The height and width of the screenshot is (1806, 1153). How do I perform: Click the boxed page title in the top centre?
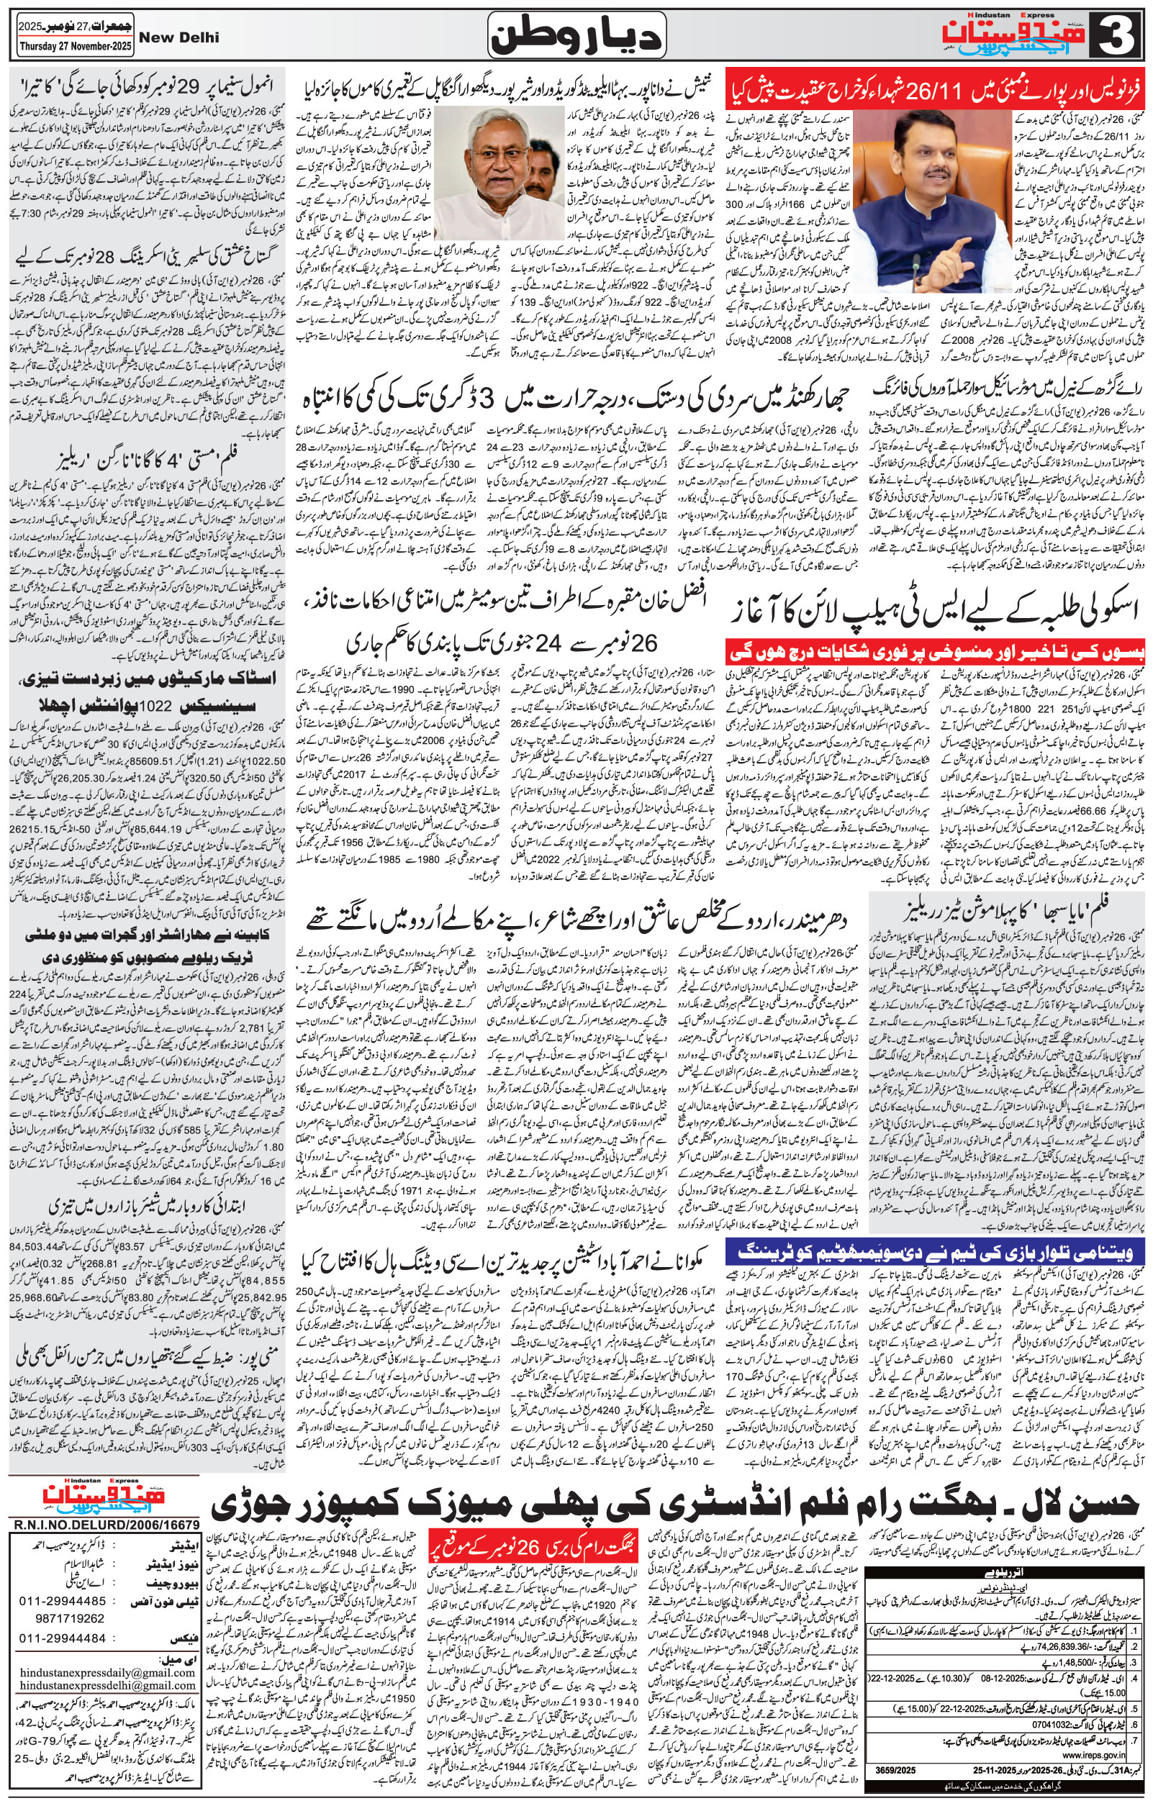coord(576,36)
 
